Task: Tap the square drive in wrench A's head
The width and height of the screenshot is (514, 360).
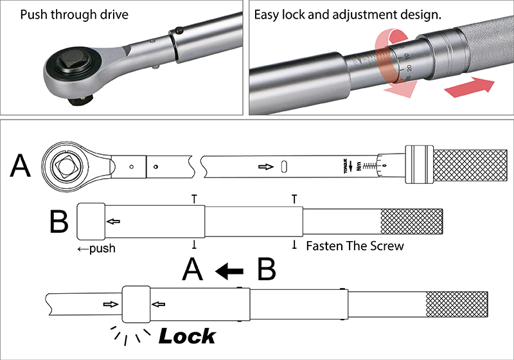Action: pyautogui.click(x=69, y=166)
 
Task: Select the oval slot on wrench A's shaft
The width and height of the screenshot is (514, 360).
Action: pyautogui.click(x=284, y=166)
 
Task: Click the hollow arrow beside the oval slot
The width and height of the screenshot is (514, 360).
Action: pyautogui.click(x=264, y=166)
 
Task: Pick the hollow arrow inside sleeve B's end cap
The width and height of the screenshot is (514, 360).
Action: pyautogui.click(x=113, y=222)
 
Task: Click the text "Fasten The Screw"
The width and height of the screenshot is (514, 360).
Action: pyautogui.click(x=355, y=246)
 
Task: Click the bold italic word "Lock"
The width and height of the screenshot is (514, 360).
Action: pyautogui.click(x=187, y=336)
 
